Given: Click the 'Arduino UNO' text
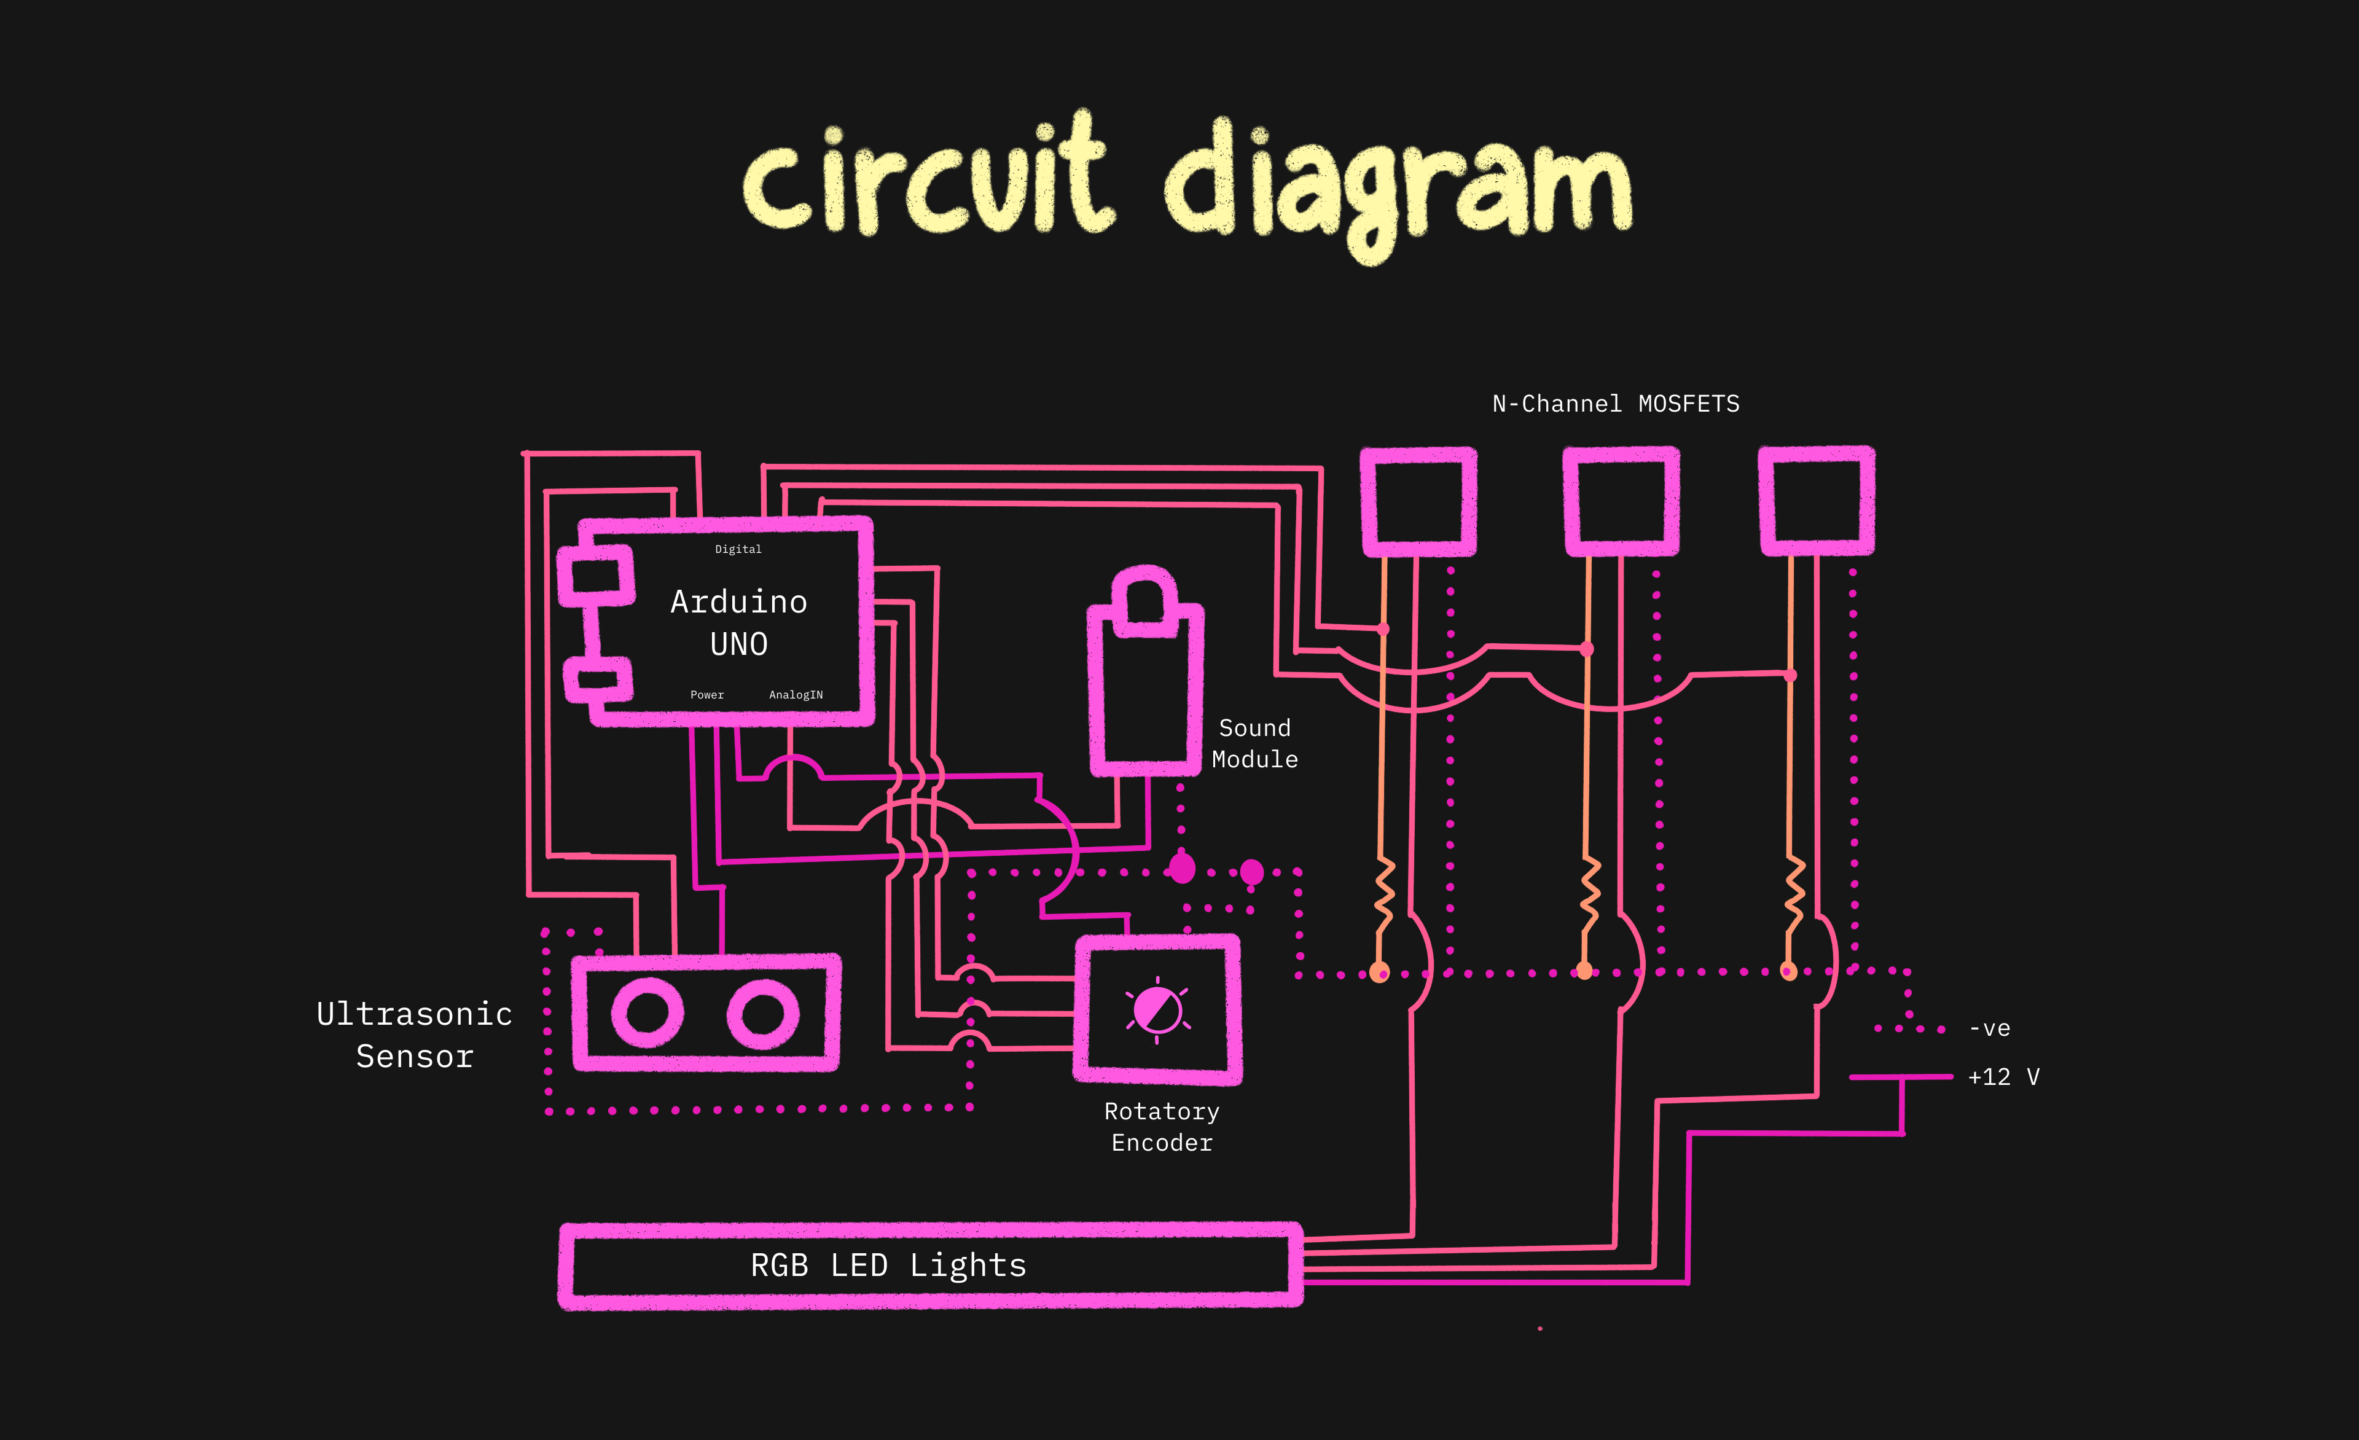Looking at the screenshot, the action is [x=739, y=622].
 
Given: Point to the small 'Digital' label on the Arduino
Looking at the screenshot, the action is [x=738, y=550].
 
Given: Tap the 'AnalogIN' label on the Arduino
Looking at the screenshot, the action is [x=796, y=695].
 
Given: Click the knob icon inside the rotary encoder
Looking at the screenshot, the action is [x=1157, y=1010].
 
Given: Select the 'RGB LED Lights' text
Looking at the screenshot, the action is [x=888, y=1266].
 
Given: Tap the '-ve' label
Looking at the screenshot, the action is [x=1989, y=1029].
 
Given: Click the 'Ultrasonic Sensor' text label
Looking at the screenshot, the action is [x=415, y=1035].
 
